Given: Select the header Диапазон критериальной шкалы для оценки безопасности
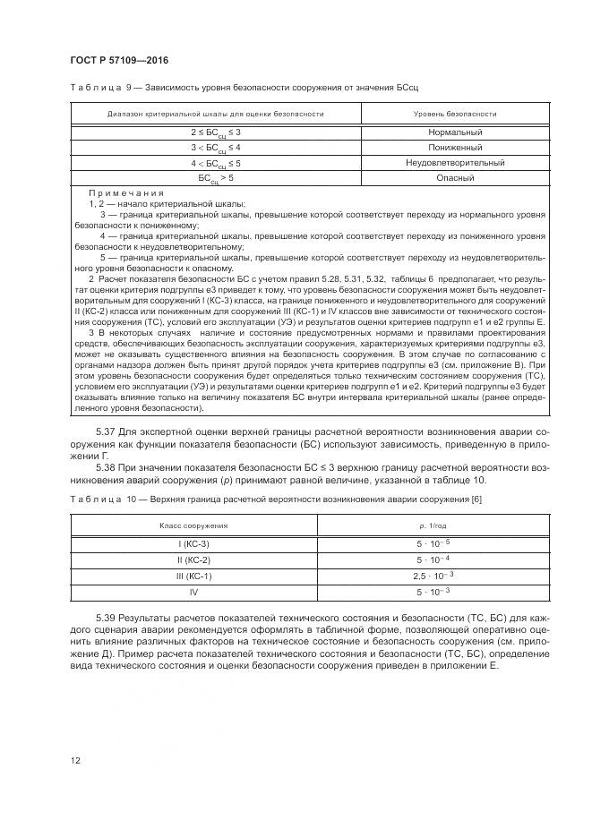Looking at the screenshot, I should point(216,114).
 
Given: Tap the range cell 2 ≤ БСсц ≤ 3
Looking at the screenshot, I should point(216,132).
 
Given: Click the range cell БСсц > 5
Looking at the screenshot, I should point(216,179).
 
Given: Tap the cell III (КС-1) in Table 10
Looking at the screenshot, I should point(194,576).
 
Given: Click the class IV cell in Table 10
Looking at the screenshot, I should point(194,592).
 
